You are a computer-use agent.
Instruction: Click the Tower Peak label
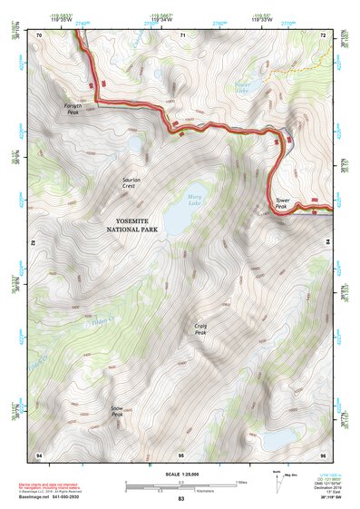pos(282,202)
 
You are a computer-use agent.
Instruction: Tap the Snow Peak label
pos(116,411)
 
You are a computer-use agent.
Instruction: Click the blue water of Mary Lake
pos(181,216)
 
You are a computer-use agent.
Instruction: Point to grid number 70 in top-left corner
pos(39,34)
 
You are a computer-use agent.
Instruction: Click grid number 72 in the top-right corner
pos(323,34)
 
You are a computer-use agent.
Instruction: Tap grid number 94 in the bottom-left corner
pos(38,453)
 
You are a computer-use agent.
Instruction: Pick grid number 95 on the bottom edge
pos(181,454)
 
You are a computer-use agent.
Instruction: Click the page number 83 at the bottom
pos(180,499)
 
